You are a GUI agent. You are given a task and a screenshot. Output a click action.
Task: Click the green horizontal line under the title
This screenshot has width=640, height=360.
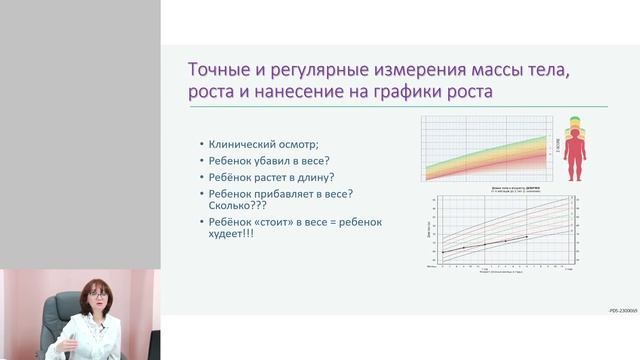(x=397, y=107)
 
